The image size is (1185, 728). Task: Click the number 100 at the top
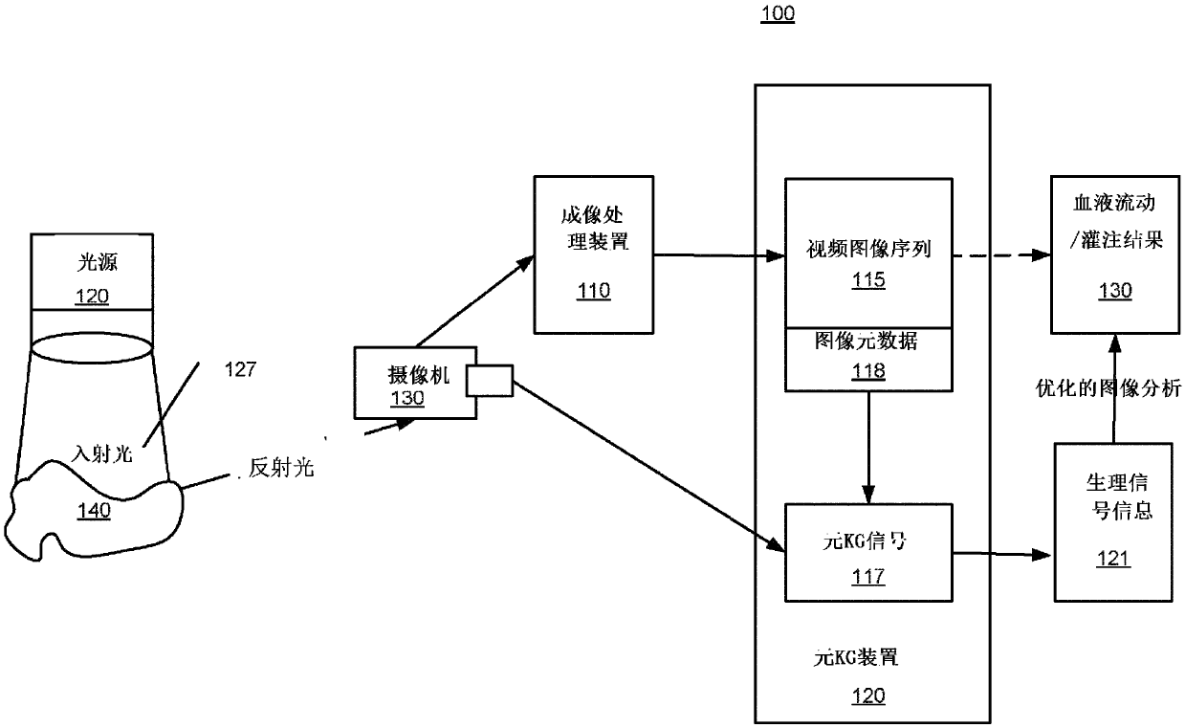point(778,14)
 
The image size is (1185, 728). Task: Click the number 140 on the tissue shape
point(94,510)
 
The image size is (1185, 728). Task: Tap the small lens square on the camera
point(489,383)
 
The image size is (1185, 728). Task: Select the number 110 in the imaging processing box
point(593,291)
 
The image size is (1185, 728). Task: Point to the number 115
point(868,281)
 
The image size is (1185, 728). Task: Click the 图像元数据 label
point(868,340)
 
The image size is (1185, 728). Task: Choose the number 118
point(868,372)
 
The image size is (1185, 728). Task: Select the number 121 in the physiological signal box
point(1113,559)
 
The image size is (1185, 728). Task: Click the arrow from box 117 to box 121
point(1004,553)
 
